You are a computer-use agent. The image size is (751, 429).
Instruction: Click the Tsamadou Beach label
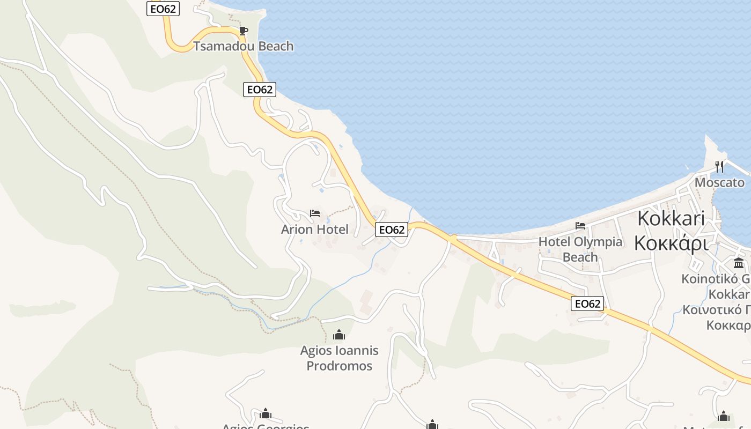(244, 46)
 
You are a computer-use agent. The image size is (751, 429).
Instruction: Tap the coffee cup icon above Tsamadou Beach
(243, 31)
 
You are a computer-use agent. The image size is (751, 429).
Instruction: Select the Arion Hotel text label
(315, 230)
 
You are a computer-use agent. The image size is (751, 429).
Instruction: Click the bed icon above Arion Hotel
(315, 214)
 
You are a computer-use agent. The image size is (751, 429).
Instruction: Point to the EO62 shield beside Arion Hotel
(392, 230)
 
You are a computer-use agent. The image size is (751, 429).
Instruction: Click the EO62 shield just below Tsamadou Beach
(260, 90)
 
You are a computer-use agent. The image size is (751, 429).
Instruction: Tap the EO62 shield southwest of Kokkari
(587, 304)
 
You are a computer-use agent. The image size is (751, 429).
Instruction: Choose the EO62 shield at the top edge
(163, 8)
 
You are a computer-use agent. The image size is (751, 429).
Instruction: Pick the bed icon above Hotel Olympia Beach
(580, 226)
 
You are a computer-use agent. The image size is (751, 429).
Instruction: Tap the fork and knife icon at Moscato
(719, 167)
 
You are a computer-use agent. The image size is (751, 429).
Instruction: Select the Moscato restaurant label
(719, 183)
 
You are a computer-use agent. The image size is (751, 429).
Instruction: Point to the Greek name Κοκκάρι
(671, 243)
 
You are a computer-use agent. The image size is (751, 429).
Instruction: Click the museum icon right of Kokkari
(739, 263)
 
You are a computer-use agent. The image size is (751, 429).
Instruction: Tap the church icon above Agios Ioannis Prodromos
(339, 335)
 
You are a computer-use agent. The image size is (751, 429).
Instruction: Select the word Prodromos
(339, 366)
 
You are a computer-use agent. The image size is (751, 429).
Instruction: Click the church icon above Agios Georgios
(266, 413)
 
